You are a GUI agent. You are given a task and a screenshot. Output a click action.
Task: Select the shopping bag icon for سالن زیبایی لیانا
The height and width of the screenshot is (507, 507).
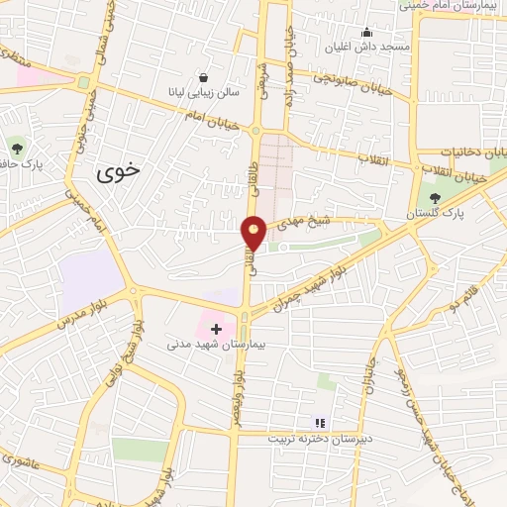[203, 77]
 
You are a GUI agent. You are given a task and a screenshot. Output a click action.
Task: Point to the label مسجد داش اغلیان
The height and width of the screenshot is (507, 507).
[368, 47]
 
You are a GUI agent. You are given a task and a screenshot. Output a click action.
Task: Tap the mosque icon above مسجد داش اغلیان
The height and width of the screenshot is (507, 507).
[367, 32]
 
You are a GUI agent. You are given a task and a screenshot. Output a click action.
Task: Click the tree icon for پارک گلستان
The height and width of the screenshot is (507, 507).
[436, 198]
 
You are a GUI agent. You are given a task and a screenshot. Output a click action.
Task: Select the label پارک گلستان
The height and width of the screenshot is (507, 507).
[435, 214]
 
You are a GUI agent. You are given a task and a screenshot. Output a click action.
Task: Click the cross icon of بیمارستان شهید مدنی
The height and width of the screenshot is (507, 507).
[217, 328]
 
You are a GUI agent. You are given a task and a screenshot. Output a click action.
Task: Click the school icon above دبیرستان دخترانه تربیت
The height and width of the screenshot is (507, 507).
[319, 422]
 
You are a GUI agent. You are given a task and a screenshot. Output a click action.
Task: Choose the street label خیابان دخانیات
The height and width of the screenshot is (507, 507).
[474, 152]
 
